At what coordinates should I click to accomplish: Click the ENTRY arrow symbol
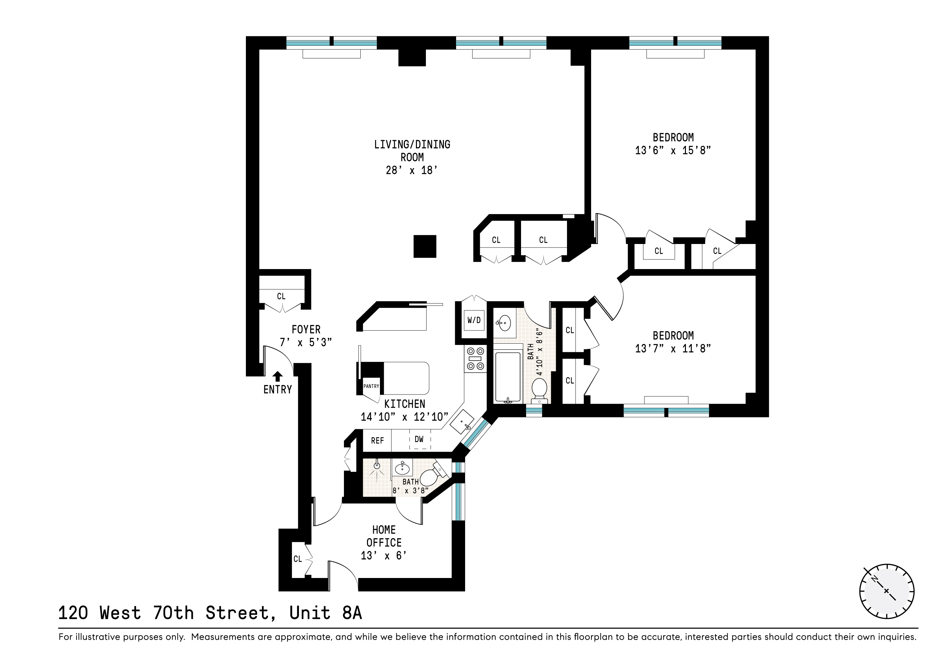[278, 376]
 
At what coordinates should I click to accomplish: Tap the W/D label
[474, 320]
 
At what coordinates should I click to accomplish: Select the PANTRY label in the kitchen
[371, 386]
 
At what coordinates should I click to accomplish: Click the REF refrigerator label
[377, 441]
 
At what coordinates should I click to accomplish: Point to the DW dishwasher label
[419, 439]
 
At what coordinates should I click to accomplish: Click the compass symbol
[887, 591]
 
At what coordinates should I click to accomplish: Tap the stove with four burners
[475, 358]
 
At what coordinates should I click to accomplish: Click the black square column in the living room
[425, 246]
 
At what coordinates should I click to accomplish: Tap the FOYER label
[306, 330]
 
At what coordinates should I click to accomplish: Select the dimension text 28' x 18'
[411, 170]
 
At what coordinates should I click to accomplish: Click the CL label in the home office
[298, 559]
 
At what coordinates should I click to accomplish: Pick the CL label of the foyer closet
[281, 296]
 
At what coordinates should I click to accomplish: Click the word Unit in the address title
[310, 613]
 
